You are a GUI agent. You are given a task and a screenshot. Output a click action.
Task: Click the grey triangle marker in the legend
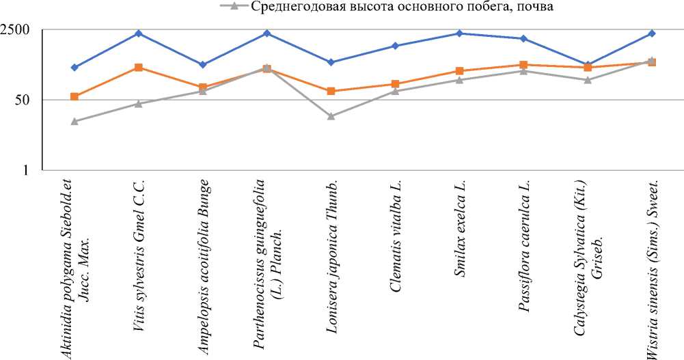point(234,7)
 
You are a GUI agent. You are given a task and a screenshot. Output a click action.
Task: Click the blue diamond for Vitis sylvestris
point(139,33)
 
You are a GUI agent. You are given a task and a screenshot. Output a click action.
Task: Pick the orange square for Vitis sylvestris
point(139,68)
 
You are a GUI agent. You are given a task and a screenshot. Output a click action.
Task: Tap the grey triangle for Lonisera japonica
point(331,116)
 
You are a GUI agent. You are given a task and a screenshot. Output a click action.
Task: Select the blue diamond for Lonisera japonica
point(331,62)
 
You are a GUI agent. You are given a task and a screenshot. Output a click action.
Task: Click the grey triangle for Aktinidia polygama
point(74,122)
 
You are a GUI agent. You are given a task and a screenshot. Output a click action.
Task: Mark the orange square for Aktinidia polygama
point(74,97)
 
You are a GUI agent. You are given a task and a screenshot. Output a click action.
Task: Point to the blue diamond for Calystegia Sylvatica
point(588,64)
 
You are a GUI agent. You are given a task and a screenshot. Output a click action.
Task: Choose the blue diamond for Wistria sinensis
point(652,33)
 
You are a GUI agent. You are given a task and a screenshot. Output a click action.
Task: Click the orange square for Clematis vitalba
point(395,84)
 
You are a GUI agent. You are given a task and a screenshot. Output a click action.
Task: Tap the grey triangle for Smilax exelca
point(459,80)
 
